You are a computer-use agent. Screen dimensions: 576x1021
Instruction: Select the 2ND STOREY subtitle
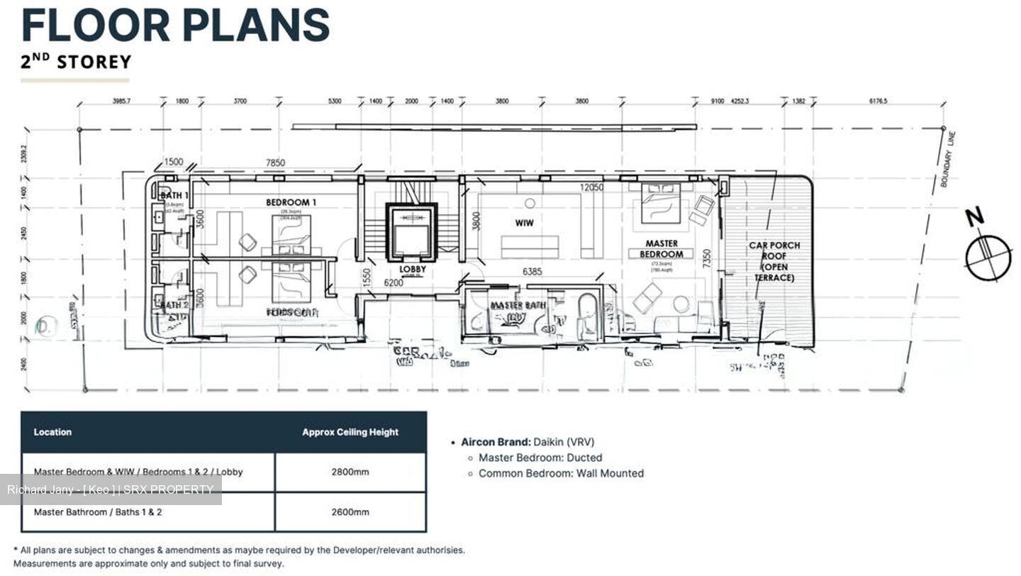pos(76,62)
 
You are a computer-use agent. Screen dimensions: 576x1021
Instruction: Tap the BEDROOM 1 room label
pos(291,202)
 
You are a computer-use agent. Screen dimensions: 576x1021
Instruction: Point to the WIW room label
pos(524,223)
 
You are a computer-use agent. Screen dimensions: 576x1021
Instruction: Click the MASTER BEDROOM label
pos(661,248)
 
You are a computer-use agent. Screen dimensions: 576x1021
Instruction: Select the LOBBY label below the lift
pos(412,270)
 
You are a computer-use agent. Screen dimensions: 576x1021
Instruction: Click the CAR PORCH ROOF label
pos(774,261)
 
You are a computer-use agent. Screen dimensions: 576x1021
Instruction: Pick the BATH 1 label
pos(174,195)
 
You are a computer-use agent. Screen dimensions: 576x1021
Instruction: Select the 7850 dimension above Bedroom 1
pos(275,163)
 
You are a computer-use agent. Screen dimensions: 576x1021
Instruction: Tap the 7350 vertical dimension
pos(706,258)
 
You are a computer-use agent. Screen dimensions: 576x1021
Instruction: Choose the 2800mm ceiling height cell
pos(350,472)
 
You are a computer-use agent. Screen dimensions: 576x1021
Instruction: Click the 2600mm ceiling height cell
pos(350,511)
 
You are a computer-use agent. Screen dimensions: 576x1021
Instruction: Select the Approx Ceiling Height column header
pos(350,432)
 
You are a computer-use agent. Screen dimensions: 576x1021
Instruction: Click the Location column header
pos(52,432)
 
